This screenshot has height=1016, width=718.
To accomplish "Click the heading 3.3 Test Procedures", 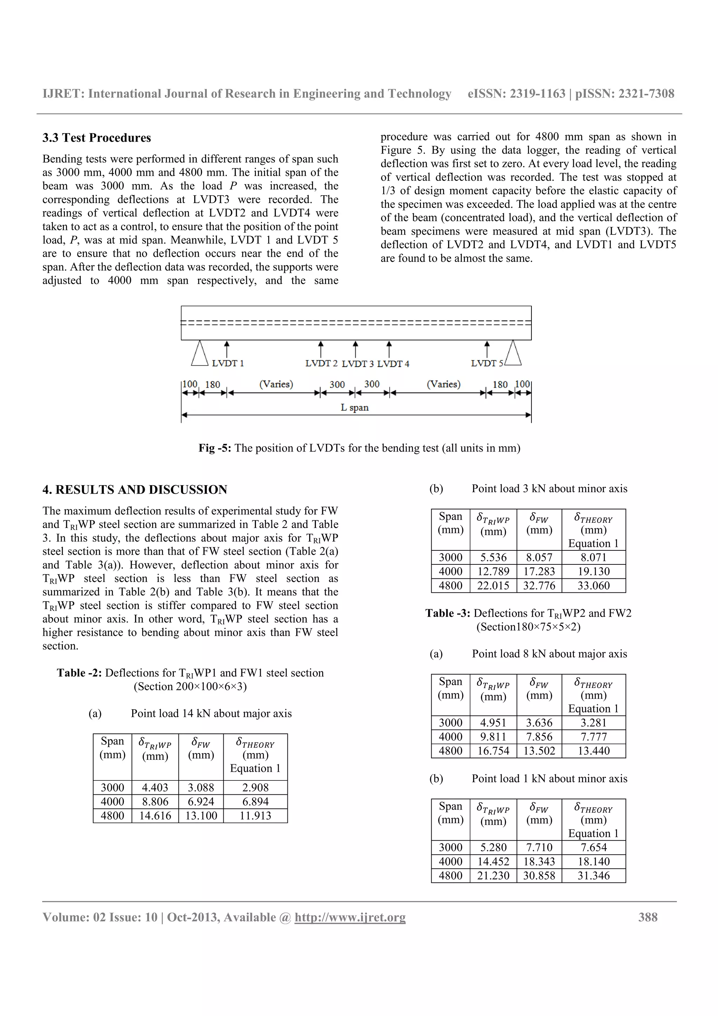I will [x=96, y=138].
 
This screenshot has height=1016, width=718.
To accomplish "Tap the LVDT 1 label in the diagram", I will [x=228, y=363].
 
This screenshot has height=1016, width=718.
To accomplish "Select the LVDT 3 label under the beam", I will [x=358, y=364].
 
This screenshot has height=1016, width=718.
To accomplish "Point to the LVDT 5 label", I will [x=487, y=363].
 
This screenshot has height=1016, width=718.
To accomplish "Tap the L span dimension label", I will [x=354, y=407].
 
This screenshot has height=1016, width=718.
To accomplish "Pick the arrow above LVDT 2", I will [x=321, y=349].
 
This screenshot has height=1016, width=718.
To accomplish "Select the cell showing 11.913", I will [x=255, y=815].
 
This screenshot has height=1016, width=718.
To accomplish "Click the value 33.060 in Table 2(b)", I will [x=593, y=585].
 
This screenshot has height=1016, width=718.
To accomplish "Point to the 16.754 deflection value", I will [x=493, y=751].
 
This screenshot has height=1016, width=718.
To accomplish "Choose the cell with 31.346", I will [x=593, y=875].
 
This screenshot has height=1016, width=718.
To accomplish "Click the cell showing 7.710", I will [x=539, y=847].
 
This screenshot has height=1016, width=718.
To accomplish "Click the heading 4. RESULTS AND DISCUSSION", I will [x=135, y=489].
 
